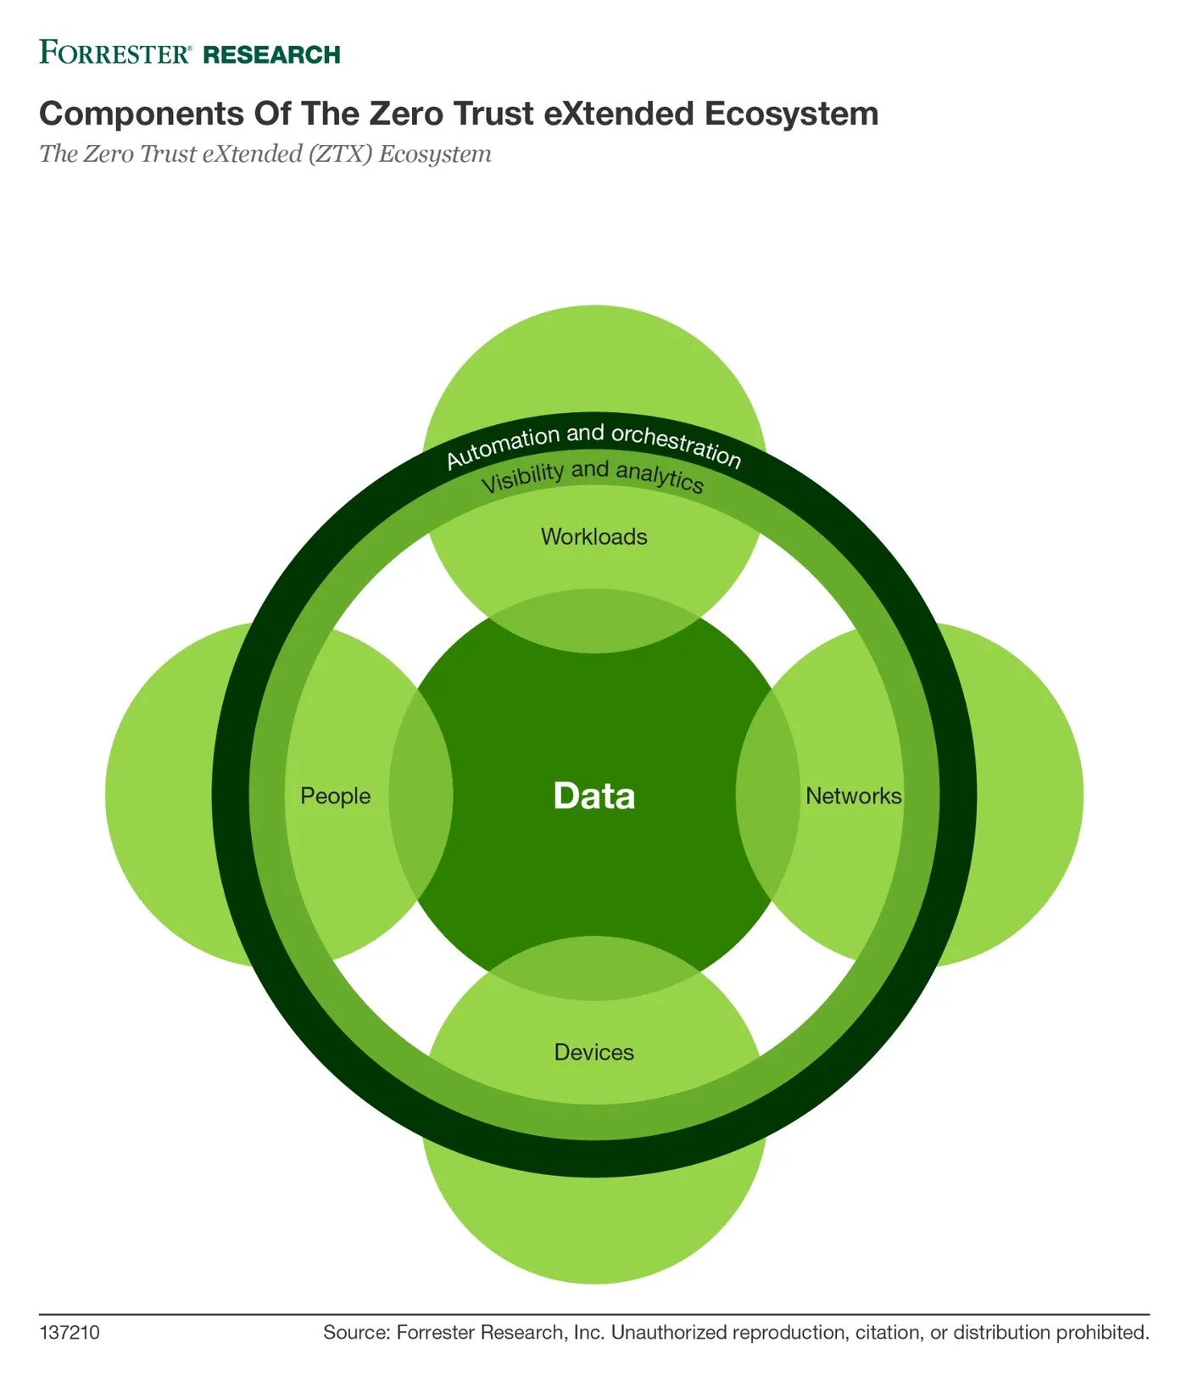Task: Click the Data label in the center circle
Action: pyautogui.click(x=594, y=796)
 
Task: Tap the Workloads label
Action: pyautogui.click(x=594, y=537)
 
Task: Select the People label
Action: pyautogui.click(x=336, y=797)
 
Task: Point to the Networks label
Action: pyautogui.click(x=853, y=796)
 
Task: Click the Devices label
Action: pyautogui.click(x=594, y=1052)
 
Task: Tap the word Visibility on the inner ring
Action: pyautogui.click(x=522, y=478)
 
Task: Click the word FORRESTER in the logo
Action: pyautogui.click(x=115, y=53)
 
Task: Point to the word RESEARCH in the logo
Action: pyautogui.click(x=272, y=55)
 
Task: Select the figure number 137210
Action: pyautogui.click(x=70, y=1333)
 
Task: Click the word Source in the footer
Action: pyautogui.click(x=356, y=1333)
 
